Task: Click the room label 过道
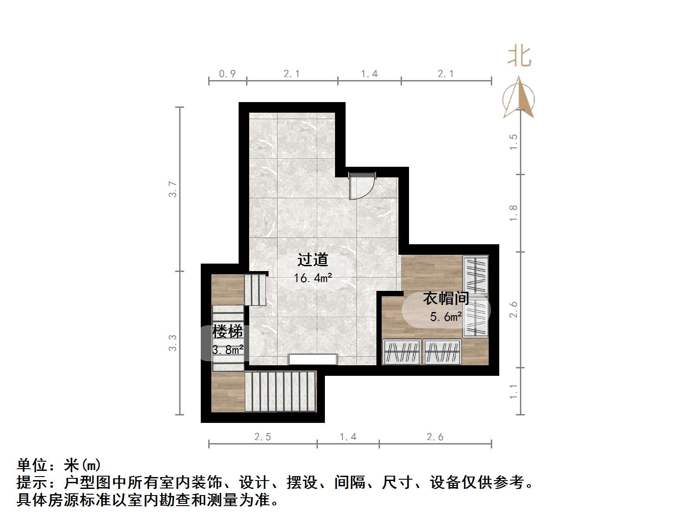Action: tap(313, 260)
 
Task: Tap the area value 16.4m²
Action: tap(313, 278)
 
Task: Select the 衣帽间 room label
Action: tap(446, 298)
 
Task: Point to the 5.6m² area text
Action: tap(446, 317)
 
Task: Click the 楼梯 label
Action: tap(228, 331)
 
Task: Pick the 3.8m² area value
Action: tap(228, 350)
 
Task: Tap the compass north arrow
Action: tap(519, 98)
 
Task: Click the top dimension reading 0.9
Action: tap(228, 74)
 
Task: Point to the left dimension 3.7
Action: tap(173, 189)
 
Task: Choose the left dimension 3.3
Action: tap(173, 343)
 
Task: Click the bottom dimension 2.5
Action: tap(263, 437)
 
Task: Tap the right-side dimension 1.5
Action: tap(513, 142)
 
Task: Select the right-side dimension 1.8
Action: tap(513, 213)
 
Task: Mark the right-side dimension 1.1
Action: tap(513, 392)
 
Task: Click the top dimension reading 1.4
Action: tap(369, 74)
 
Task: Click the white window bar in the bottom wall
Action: tap(313, 359)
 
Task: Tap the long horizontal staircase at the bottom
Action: tap(280, 392)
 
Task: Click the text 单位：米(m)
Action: tap(59, 465)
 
